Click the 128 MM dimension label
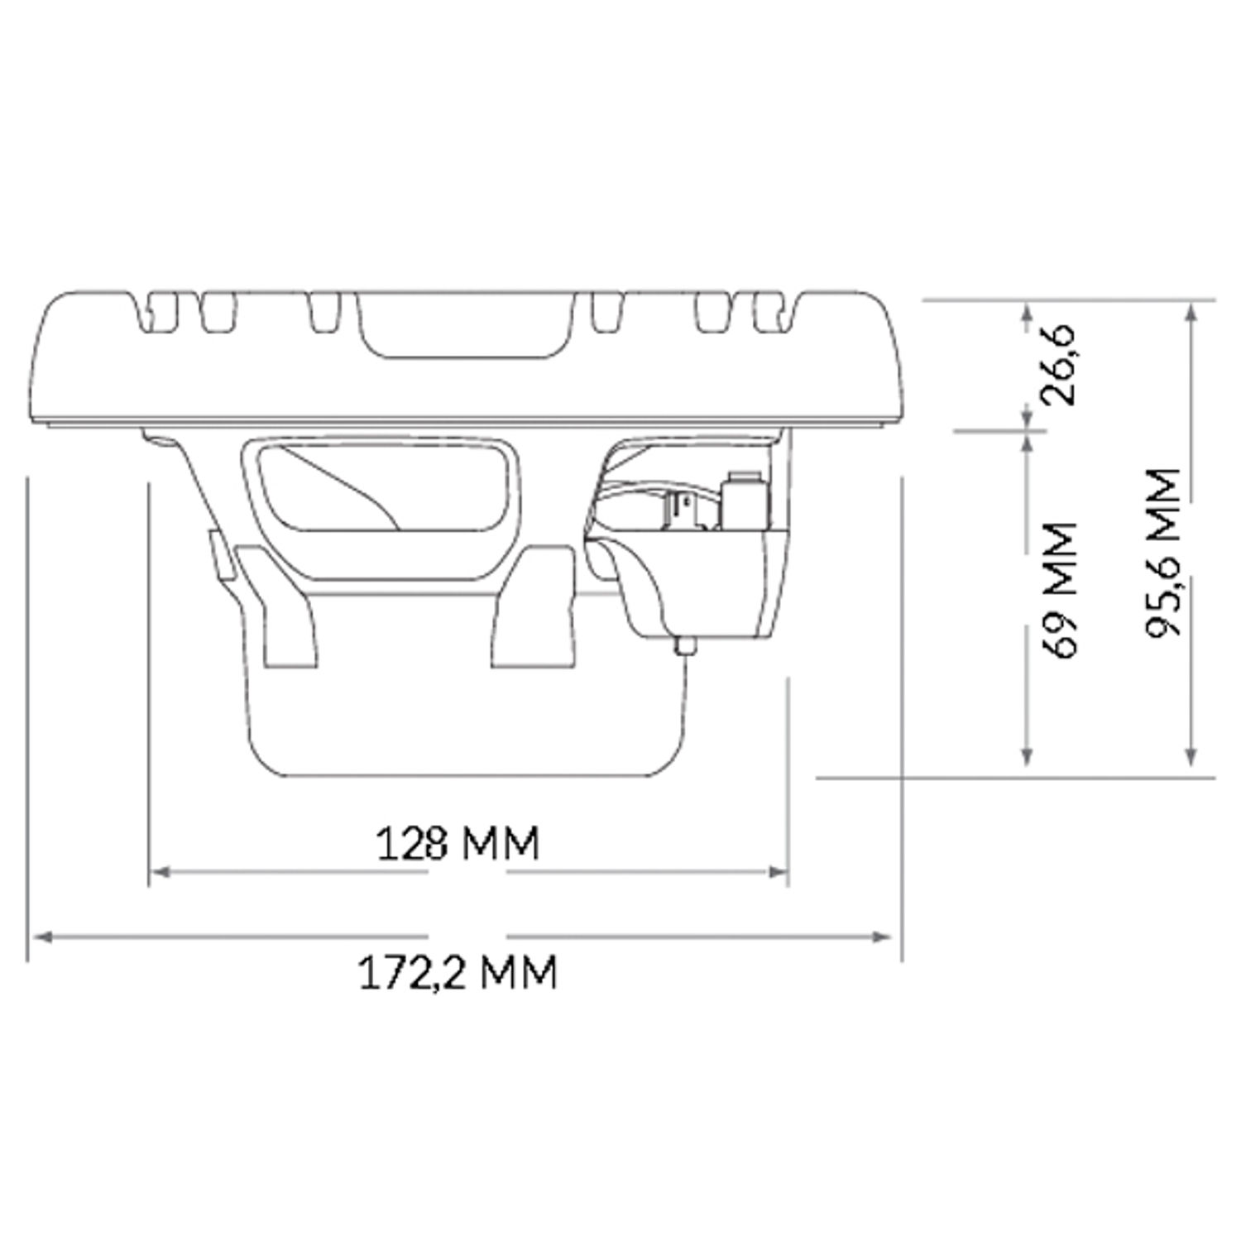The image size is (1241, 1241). (458, 844)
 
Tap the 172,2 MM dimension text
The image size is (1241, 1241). (458, 973)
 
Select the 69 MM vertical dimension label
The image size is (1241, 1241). (1060, 589)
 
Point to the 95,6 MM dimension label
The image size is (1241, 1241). (1162, 553)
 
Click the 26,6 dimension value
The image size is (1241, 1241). (1060, 364)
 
